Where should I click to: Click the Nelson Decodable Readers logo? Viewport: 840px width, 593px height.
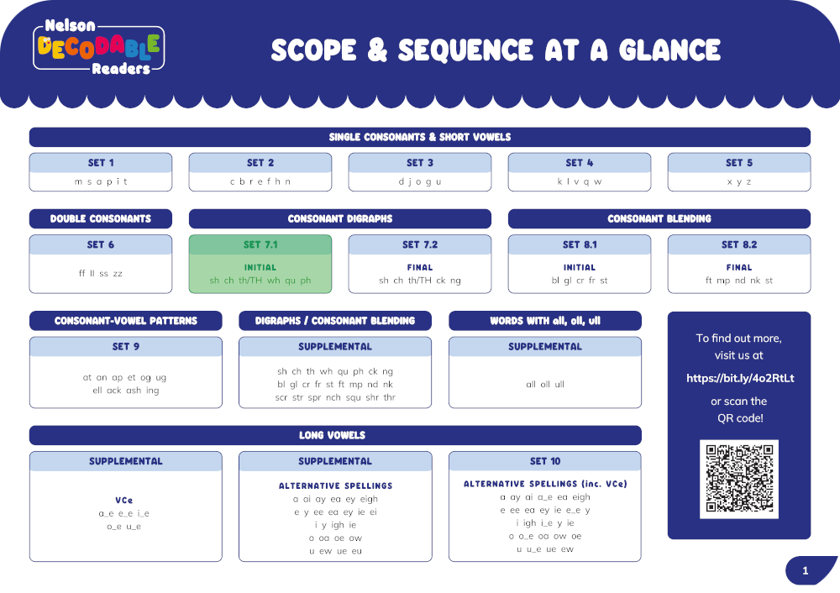(100, 48)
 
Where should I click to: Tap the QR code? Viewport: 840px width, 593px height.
(739, 479)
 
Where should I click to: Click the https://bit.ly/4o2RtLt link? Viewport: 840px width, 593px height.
(740, 378)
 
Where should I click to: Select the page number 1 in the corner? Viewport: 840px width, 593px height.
(806, 571)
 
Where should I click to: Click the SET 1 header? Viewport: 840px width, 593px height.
(101, 163)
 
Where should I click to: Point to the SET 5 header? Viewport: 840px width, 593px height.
(739, 163)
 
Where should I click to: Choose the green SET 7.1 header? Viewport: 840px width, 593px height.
(260, 244)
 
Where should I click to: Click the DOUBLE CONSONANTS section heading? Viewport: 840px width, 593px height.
(101, 218)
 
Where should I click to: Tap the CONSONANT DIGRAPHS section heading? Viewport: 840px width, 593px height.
(339, 218)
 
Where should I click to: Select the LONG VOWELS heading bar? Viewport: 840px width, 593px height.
(335, 435)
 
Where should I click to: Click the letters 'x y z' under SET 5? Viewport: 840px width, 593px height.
(739, 181)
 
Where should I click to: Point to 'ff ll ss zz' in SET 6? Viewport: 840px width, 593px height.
(101, 274)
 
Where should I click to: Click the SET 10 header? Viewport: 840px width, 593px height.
(545, 461)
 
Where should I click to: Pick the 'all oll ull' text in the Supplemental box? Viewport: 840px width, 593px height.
(545, 384)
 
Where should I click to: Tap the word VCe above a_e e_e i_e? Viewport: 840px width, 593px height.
(124, 500)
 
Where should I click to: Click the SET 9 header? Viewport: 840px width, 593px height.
(126, 346)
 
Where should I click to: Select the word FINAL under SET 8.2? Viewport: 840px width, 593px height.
(739, 267)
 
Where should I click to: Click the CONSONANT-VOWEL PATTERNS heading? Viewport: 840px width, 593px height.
(126, 321)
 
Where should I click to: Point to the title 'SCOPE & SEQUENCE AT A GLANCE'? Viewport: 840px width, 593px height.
(496, 50)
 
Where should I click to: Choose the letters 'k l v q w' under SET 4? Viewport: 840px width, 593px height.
(580, 181)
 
